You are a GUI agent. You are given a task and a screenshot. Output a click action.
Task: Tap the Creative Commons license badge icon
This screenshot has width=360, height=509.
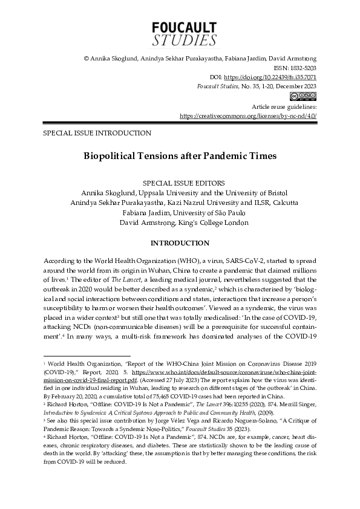306,96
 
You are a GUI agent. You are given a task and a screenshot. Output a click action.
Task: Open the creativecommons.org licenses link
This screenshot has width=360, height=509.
248,115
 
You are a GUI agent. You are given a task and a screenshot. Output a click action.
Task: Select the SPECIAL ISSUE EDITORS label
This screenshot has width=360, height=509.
180,181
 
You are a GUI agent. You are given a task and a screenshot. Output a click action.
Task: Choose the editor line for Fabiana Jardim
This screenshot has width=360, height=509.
180,212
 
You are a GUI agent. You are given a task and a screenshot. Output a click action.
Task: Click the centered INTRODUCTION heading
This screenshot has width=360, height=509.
180,243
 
